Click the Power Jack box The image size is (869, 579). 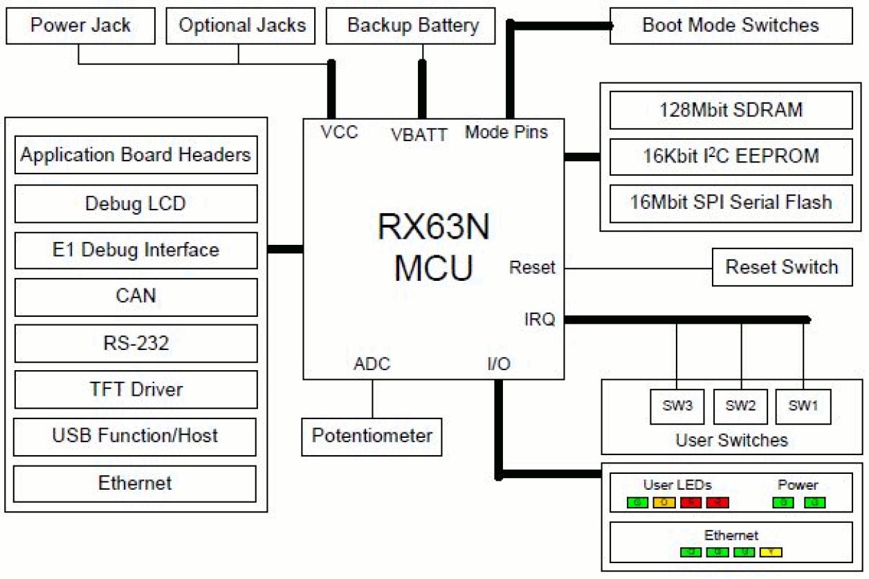pyautogui.click(x=80, y=26)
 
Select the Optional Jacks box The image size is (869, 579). pyautogui.click(x=242, y=26)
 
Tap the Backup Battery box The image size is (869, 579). pyautogui.click(x=412, y=26)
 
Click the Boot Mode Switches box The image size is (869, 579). pyautogui.click(x=730, y=26)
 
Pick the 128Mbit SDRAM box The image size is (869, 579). pyautogui.click(x=730, y=109)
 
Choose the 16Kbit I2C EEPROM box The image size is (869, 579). pyautogui.click(x=730, y=156)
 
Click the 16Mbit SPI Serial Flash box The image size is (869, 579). pyautogui.click(x=730, y=203)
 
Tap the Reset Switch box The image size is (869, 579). pyautogui.click(x=781, y=267)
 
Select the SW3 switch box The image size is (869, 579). pyautogui.click(x=677, y=406)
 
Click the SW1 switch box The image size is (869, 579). pyautogui.click(x=803, y=406)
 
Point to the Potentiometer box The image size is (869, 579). pyautogui.click(x=372, y=436)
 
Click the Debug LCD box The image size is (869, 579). pyautogui.click(x=136, y=203)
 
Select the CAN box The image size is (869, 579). pyautogui.click(x=136, y=296)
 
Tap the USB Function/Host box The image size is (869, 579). pyautogui.click(x=136, y=436)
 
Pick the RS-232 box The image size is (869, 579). pyautogui.click(x=136, y=343)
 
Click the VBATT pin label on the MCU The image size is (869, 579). pyautogui.click(x=419, y=134)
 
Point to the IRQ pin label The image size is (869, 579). pyautogui.click(x=539, y=320)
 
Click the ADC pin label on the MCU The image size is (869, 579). pyautogui.click(x=372, y=364)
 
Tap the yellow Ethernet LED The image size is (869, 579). pyautogui.click(x=771, y=552)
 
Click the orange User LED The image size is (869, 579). pyautogui.click(x=664, y=502)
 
